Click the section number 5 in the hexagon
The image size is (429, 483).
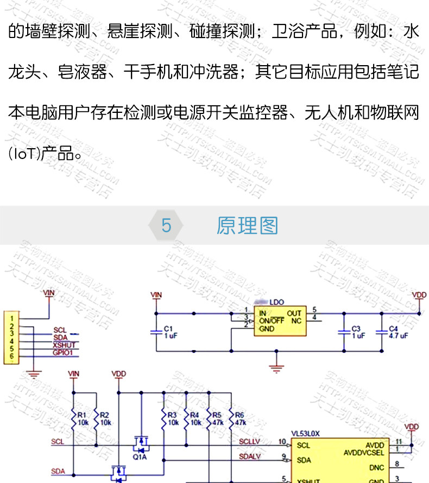click(166, 225)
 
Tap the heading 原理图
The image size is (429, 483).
click(247, 225)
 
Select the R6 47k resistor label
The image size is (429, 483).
click(240, 418)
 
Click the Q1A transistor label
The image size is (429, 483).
click(140, 456)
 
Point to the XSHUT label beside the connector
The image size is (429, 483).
click(64, 345)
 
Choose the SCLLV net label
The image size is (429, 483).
click(249, 442)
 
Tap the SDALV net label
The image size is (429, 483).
click(249, 456)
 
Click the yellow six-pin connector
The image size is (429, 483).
click(10, 337)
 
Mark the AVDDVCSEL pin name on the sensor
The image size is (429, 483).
click(365, 452)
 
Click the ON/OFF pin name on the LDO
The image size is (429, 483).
click(272, 320)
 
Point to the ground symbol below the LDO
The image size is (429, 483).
click(277, 369)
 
